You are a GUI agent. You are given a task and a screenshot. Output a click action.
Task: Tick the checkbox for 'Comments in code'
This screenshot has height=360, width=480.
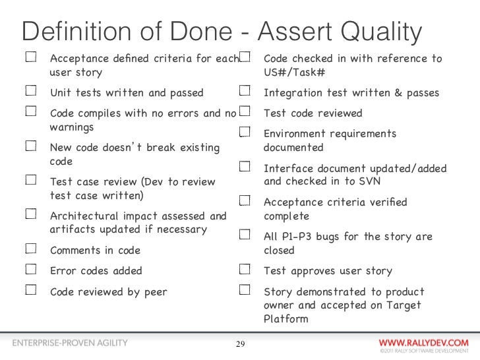point(30,250)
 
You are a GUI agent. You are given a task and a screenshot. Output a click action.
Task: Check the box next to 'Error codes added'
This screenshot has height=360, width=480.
point(30,270)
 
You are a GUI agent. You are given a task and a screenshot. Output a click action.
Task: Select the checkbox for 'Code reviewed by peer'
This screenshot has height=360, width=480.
point(30,290)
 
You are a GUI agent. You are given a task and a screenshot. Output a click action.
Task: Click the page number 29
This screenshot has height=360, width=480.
point(240,344)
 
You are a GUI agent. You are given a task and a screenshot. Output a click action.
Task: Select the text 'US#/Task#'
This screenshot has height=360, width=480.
point(294,72)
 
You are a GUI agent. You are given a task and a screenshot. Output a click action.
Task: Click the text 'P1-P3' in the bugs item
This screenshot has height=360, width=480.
point(301,236)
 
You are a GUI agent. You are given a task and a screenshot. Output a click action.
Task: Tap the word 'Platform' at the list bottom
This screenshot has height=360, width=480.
point(285,319)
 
